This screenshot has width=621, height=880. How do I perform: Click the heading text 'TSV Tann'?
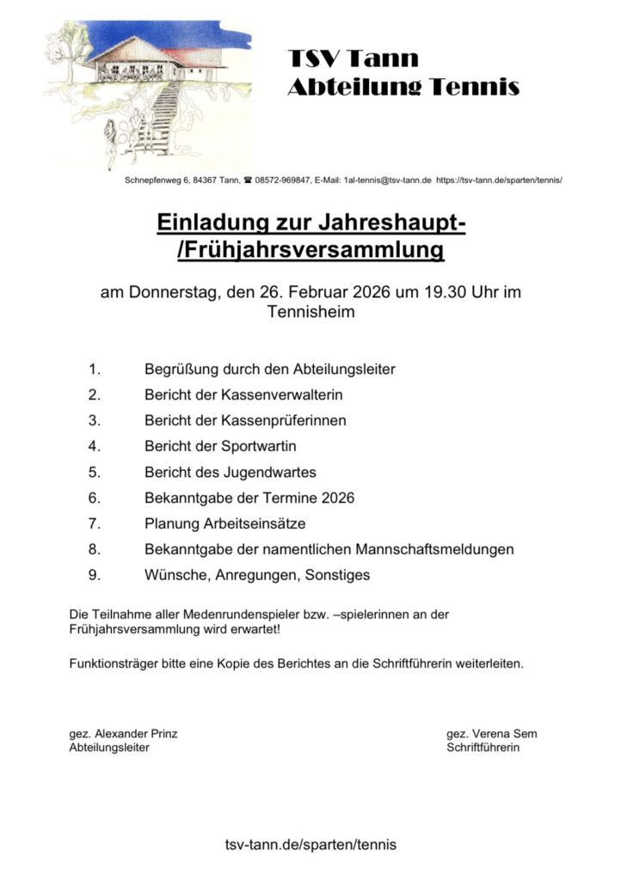[354, 58]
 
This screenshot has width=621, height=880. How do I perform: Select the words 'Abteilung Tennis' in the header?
[403, 87]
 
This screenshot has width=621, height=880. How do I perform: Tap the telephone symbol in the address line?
[248, 181]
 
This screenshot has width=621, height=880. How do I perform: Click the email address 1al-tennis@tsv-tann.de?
[387, 181]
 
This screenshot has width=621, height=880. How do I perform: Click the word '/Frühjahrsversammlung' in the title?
[310, 250]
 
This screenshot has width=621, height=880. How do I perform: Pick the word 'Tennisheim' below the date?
[310, 313]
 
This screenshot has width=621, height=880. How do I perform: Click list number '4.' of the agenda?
[95, 446]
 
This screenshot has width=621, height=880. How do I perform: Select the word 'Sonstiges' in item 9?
[337, 574]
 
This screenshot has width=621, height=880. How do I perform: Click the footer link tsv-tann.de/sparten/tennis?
[310, 845]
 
